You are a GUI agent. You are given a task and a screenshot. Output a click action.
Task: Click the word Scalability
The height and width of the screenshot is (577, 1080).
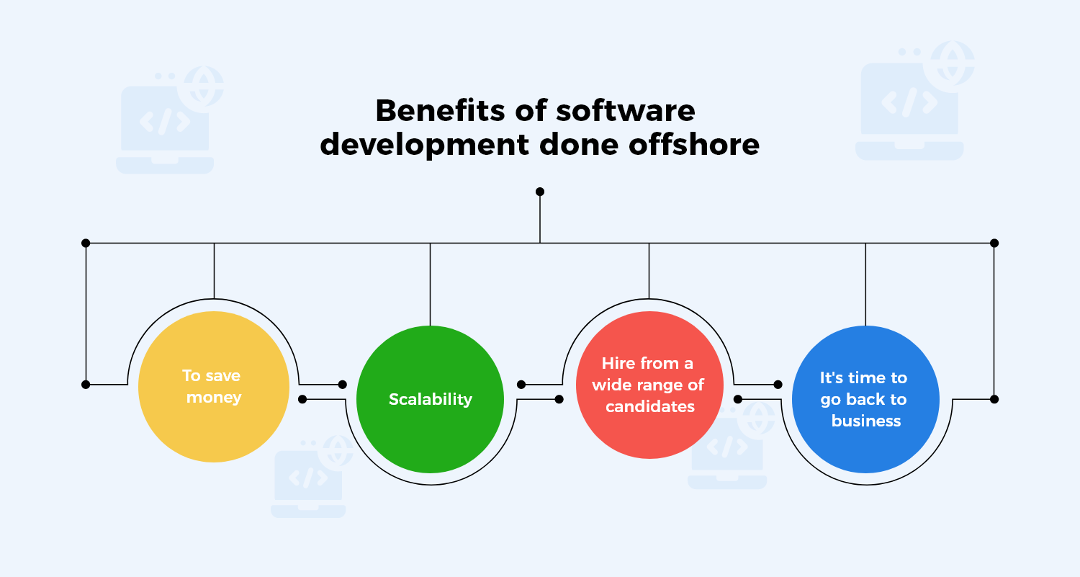431,399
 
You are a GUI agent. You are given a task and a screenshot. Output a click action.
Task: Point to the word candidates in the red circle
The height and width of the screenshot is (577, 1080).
649,406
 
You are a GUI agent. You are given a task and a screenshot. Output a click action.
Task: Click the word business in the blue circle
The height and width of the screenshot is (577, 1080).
866,421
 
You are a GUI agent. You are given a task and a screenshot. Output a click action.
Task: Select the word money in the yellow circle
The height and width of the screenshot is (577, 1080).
214,397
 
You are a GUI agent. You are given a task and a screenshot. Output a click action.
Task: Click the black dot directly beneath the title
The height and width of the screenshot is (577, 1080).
540,192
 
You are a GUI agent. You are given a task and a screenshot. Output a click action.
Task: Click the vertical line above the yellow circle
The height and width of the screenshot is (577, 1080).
215,270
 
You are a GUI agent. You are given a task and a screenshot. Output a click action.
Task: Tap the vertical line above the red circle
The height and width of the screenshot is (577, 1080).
649,270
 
